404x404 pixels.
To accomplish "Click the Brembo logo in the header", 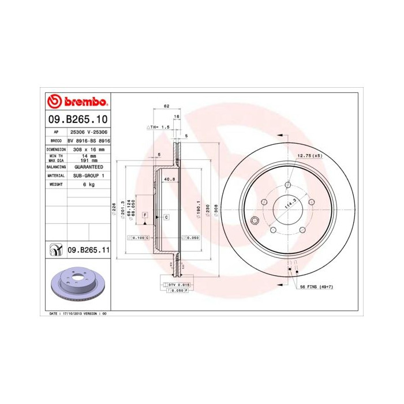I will (76, 102).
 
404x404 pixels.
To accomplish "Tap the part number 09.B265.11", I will (88, 250).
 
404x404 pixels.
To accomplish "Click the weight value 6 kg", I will (88, 184).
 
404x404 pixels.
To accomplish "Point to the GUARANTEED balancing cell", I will (88, 166).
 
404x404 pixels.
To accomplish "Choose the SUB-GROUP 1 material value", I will (88, 175).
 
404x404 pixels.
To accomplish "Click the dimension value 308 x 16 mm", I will (88, 149).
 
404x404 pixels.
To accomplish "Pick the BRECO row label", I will (56, 140).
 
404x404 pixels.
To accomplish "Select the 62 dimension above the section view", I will (166, 106).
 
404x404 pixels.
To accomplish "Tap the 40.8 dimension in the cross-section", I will (170, 179).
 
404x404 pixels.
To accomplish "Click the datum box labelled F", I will (145, 214).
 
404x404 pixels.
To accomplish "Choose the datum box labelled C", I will (166, 217).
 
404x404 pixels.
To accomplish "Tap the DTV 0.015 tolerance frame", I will (178, 285).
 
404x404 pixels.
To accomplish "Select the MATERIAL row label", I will (56, 175).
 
